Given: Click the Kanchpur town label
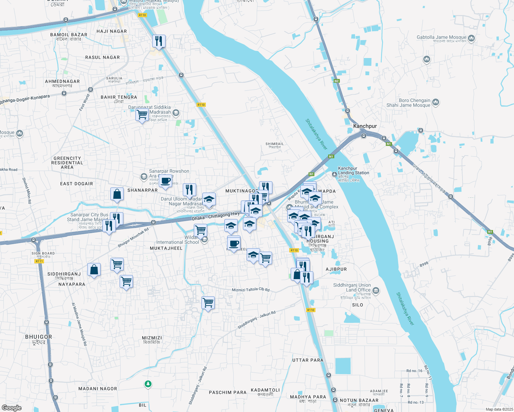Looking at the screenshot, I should (x=365, y=126).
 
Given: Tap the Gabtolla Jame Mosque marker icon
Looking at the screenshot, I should (x=471, y=38).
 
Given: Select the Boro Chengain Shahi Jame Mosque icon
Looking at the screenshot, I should (x=436, y=102).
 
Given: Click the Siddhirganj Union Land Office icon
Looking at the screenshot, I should (x=376, y=291).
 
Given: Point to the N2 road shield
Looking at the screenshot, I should (x=336, y=81).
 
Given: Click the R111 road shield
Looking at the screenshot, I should (x=39, y=261).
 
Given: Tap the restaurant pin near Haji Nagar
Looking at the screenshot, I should (x=159, y=41).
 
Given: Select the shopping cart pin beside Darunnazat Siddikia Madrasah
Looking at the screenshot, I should (x=142, y=115).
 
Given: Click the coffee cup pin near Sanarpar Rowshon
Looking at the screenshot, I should (x=165, y=181).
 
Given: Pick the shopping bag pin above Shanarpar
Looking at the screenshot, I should (x=117, y=194).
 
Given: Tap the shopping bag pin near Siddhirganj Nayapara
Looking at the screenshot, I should (x=94, y=270).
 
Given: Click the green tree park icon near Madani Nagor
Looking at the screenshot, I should (x=148, y=384).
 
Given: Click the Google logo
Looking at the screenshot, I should (x=11, y=408).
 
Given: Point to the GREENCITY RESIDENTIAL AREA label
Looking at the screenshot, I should (x=67, y=163).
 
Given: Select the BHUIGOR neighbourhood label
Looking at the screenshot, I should (x=38, y=337).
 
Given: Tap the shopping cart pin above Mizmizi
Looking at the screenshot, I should (x=208, y=303).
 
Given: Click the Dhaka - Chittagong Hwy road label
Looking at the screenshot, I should (x=216, y=216).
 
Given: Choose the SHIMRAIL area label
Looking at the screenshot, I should (x=275, y=144).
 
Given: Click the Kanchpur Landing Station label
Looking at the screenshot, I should (x=353, y=171).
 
